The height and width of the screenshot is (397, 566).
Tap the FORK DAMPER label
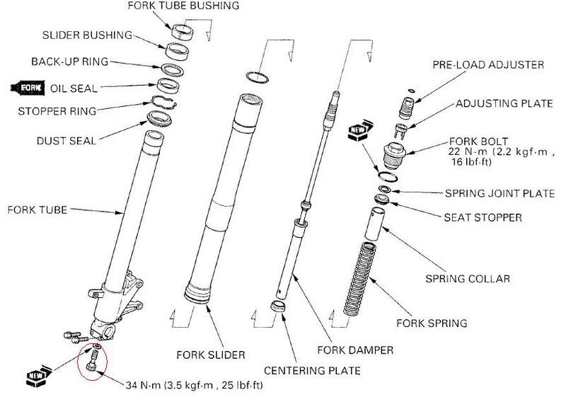(x=356, y=350)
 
